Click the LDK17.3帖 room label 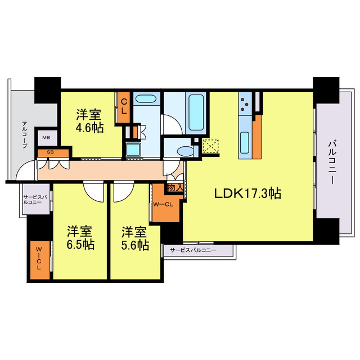pyautogui.click(x=247, y=193)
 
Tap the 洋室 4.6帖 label pyautogui.click(x=90, y=121)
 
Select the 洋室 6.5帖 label pyautogui.click(x=81, y=238)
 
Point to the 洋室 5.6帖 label pyautogui.click(x=136, y=238)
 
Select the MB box pyautogui.click(x=46, y=137)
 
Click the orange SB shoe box pyautogui.click(x=51, y=152)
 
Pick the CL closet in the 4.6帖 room pyautogui.click(x=124, y=107)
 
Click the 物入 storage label pyautogui.click(x=174, y=188)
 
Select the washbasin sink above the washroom pyautogui.click(x=146, y=100)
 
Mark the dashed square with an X pyautogui.click(x=210, y=146)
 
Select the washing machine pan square pyautogui.click(x=134, y=149)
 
